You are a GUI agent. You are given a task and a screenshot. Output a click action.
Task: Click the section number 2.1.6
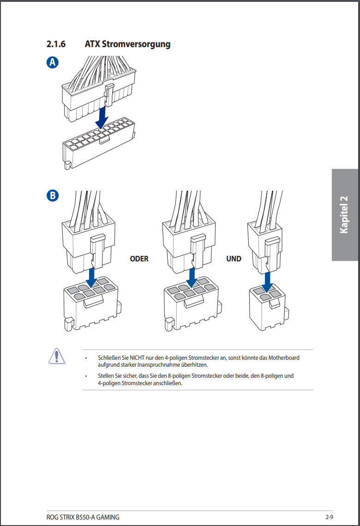tap(56, 44)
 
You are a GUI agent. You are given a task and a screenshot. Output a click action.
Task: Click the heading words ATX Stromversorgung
tap(127, 44)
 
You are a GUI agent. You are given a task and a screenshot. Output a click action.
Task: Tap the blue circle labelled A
tap(53, 63)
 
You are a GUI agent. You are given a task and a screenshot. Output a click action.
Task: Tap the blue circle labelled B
tap(53, 195)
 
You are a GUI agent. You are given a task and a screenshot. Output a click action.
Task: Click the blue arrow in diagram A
tap(102, 117)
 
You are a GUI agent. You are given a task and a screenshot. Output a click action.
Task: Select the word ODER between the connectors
tap(139, 259)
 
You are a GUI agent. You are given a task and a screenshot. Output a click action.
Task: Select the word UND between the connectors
tap(234, 259)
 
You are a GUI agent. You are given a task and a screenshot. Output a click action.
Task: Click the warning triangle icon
tap(56, 357)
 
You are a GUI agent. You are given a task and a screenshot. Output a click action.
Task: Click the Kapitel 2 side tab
tap(344, 215)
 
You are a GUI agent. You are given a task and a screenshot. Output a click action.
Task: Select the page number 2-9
tap(329, 517)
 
